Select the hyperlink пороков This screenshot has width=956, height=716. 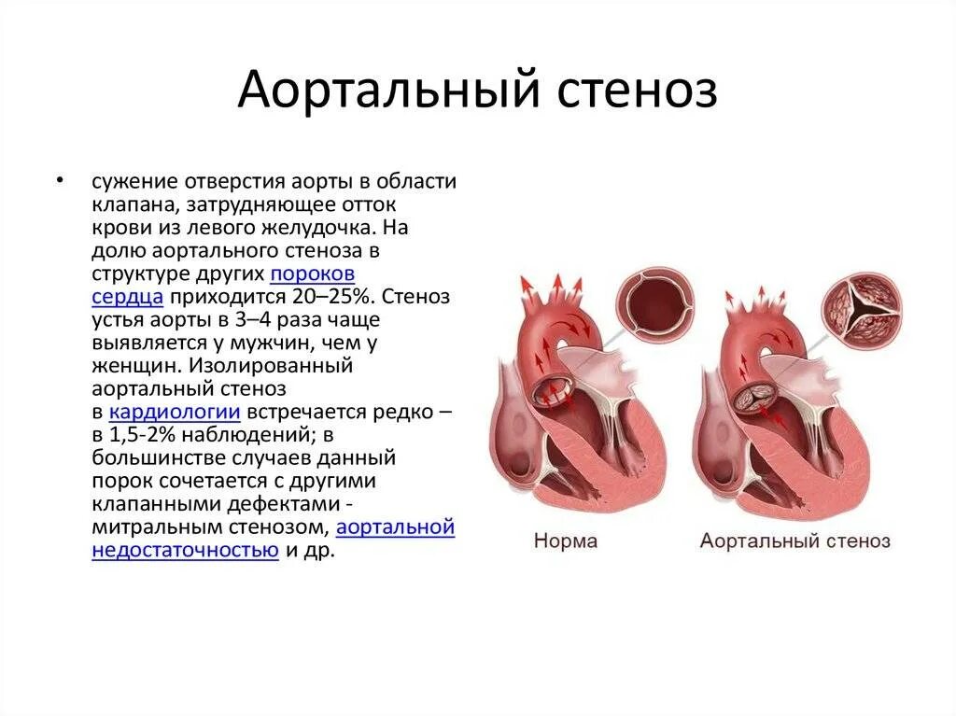313,274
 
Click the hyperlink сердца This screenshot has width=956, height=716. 128,297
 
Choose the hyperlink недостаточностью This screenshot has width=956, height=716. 186,550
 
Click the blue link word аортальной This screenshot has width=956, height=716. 396,527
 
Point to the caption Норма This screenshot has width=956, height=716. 565,541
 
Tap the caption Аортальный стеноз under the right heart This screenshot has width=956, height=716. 794,541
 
